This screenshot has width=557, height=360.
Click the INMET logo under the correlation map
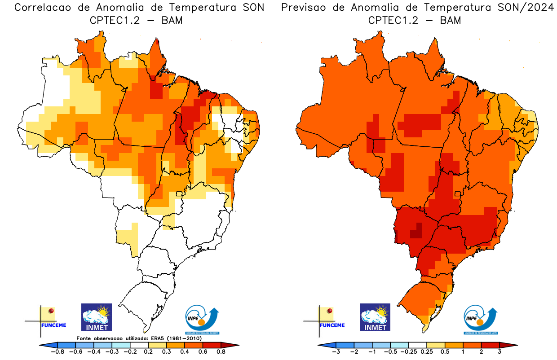[96, 317]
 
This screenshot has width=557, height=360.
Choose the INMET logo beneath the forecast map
[375, 317]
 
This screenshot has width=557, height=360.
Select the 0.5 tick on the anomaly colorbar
[445, 352]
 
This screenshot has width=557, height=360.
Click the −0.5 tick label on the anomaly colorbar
[391, 352]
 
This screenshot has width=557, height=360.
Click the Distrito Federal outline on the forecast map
[458, 194]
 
